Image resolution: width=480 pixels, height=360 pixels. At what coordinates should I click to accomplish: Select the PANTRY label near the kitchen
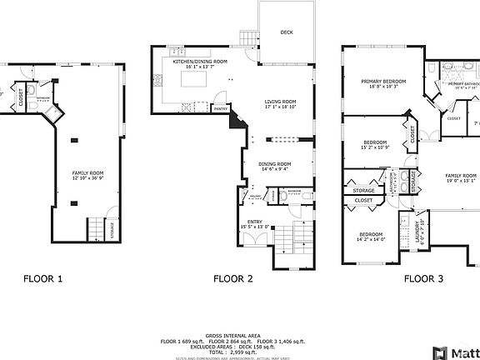tap(220, 108)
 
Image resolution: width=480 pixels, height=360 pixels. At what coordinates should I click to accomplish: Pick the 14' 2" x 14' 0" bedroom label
tap(371, 237)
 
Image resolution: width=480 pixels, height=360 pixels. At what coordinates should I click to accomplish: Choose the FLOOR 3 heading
tap(423, 279)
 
